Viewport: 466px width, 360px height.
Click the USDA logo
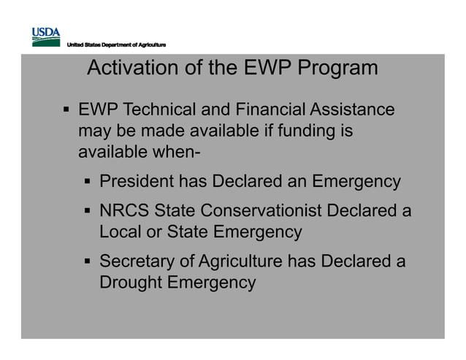(45, 34)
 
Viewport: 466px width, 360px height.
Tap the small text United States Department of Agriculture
(116, 46)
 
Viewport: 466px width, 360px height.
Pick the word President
(140, 181)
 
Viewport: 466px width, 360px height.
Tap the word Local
(121, 232)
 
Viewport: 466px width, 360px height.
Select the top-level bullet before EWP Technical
(65, 112)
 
